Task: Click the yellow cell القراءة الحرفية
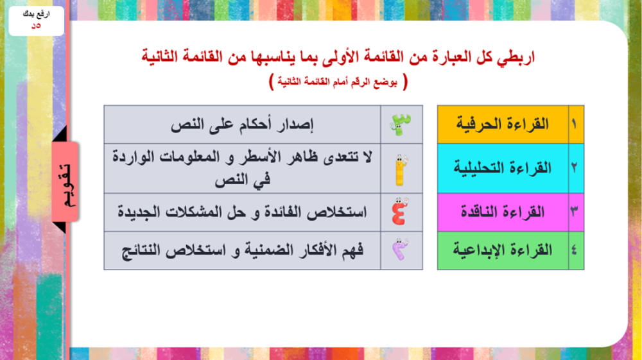click(503, 124)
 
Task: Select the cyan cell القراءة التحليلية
click(503, 168)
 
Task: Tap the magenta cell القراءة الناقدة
click(503, 212)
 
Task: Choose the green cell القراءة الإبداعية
click(503, 250)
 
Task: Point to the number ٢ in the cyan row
click(574, 167)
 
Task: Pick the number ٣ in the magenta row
click(574, 212)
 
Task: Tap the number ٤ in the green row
click(574, 250)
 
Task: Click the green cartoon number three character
click(401, 124)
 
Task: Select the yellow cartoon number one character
click(401, 170)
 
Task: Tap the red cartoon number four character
click(400, 212)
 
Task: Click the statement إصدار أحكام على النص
click(242, 124)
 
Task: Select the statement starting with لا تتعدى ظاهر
click(242, 168)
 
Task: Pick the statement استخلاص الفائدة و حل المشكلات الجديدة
click(242, 212)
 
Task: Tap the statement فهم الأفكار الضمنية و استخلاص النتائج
click(242, 250)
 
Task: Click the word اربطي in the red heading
click(516, 57)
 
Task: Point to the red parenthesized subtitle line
click(338, 82)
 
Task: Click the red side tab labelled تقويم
click(65, 182)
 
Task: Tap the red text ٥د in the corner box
click(36, 26)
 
